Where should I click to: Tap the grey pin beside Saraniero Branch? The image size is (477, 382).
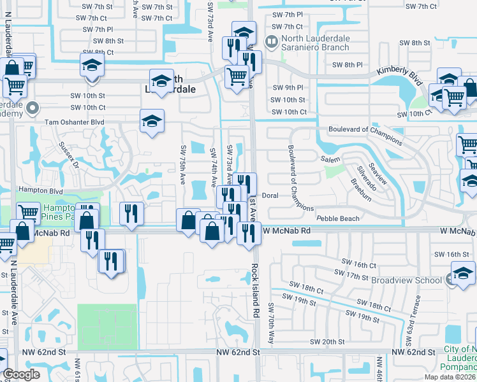click(x=272, y=43)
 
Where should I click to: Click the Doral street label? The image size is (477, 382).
click(x=270, y=195)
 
